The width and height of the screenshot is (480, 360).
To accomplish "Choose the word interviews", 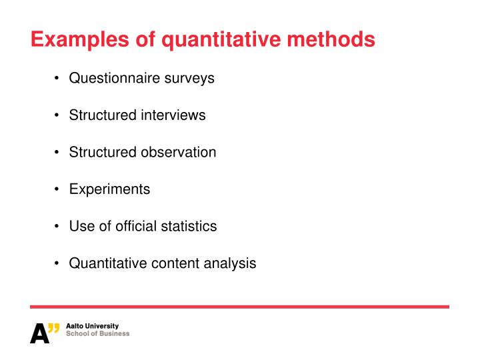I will coord(173,115).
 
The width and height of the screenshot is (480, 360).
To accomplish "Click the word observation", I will coord(178,152).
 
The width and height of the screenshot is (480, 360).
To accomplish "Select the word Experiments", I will coord(109,189).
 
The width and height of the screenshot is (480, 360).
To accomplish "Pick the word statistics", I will coord(189,226).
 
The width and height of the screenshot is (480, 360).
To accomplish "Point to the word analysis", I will coord(231,263).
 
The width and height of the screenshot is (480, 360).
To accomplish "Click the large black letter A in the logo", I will coord(39,333).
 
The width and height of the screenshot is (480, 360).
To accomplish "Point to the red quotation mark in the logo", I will coord(55,327).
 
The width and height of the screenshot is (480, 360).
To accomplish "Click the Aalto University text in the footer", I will coord(92,326).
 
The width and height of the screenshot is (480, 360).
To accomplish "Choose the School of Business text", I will coord(98,333).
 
